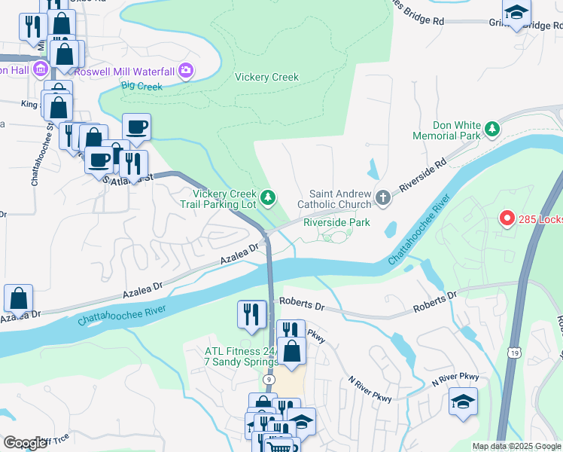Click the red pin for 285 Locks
(507, 218)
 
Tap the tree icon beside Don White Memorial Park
(492, 130)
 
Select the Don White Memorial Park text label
(446, 130)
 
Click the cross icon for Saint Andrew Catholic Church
(382, 198)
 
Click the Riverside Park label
(336, 222)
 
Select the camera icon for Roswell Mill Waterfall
(185, 72)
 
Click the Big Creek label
(142, 87)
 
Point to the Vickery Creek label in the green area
(266, 77)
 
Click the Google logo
(24, 443)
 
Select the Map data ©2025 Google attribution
(516, 447)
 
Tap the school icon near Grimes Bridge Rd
(516, 12)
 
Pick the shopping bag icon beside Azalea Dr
(18, 298)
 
